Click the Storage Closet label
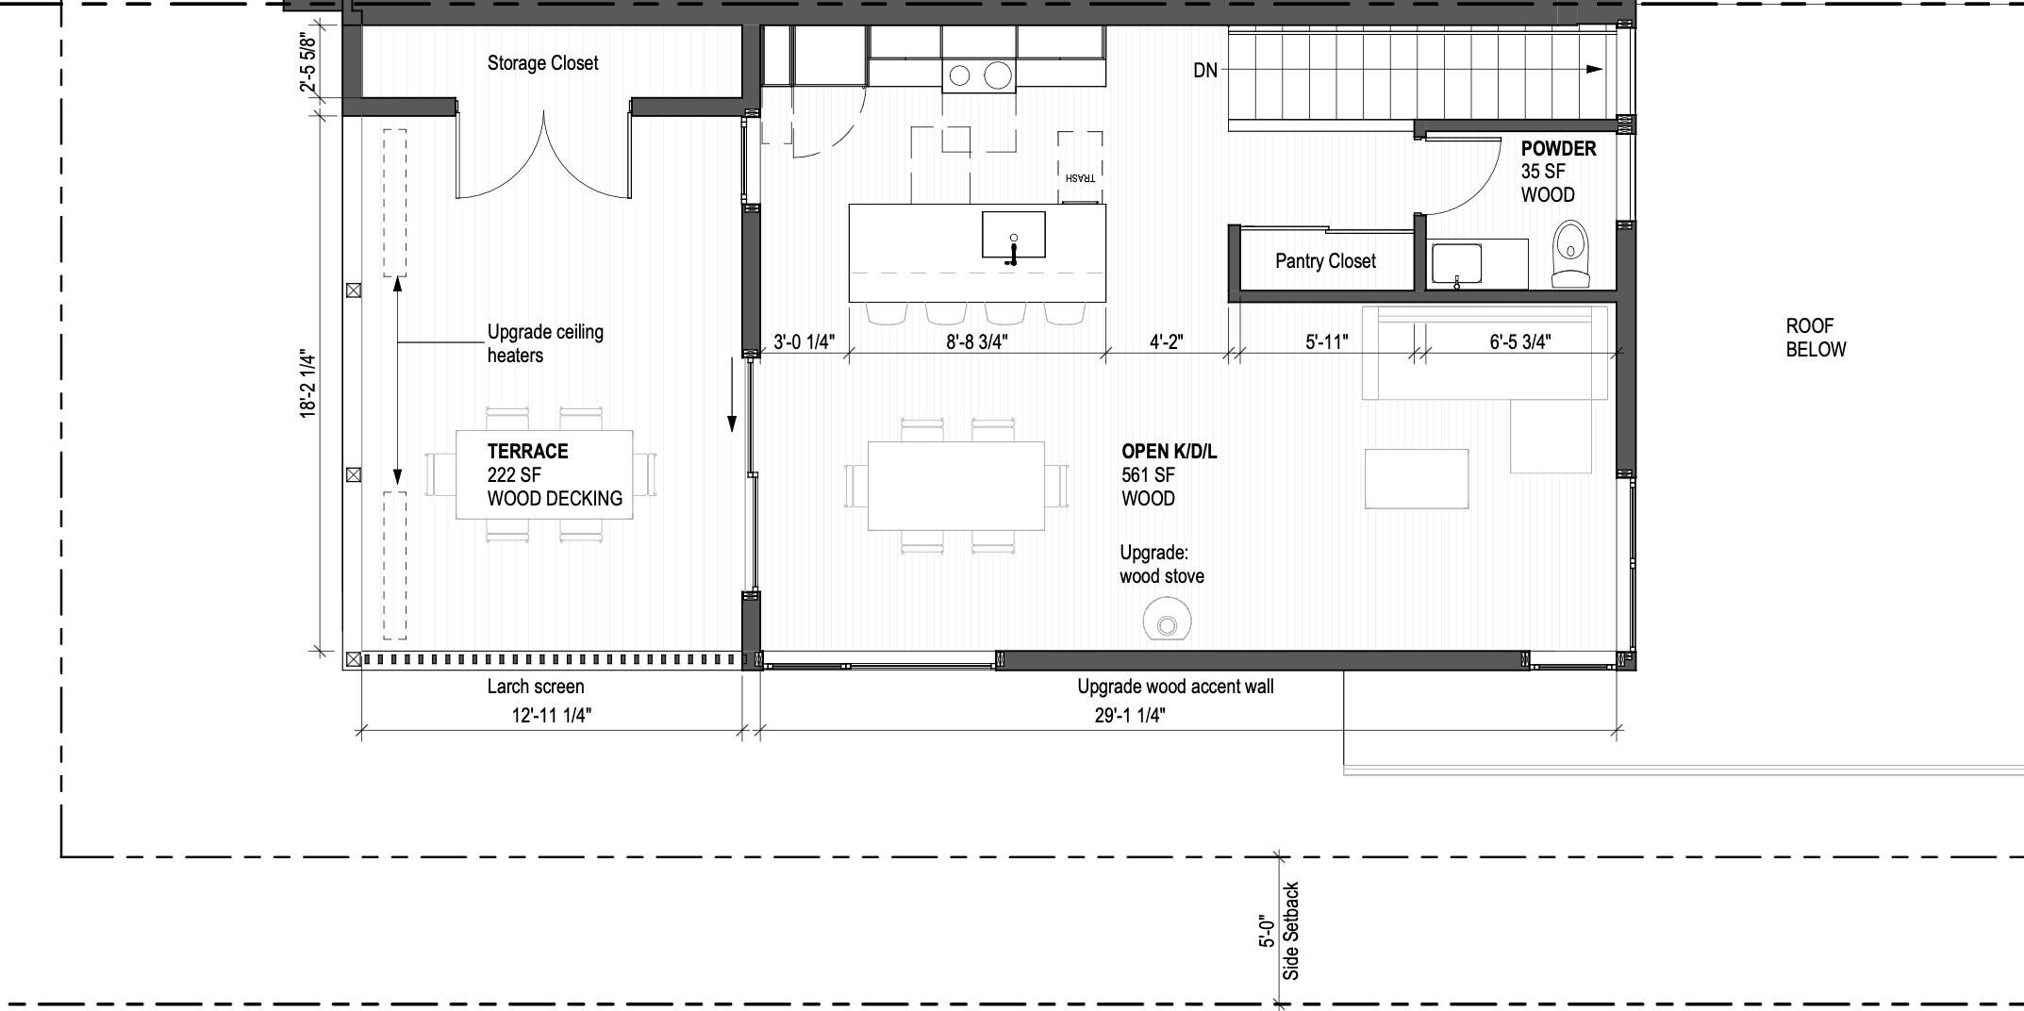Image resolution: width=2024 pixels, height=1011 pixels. (x=542, y=63)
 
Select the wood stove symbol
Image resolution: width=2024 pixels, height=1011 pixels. (x=1167, y=623)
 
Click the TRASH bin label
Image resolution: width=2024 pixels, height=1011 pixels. (x=1080, y=177)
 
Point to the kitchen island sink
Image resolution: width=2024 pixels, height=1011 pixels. (x=1013, y=235)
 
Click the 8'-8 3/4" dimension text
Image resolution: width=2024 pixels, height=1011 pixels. (x=977, y=342)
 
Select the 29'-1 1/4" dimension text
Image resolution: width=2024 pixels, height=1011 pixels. (x=1130, y=716)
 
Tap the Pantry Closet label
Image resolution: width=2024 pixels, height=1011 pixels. (x=1325, y=261)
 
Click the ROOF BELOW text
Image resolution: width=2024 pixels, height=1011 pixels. (x=1816, y=338)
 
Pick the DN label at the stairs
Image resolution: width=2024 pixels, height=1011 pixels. (x=1205, y=70)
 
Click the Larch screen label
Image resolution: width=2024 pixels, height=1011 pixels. (x=535, y=687)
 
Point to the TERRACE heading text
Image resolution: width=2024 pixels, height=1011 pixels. (x=527, y=451)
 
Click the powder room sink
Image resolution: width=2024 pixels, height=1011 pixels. (x=1456, y=263)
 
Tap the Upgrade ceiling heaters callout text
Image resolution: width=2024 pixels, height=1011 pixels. (x=544, y=343)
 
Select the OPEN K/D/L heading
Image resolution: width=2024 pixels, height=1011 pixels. (x=1169, y=452)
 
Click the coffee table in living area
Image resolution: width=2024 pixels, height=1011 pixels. (x=1416, y=478)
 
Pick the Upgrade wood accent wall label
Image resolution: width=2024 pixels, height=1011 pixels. (x=1174, y=687)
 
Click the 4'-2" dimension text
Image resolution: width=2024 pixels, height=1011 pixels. (x=1166, y=342)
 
